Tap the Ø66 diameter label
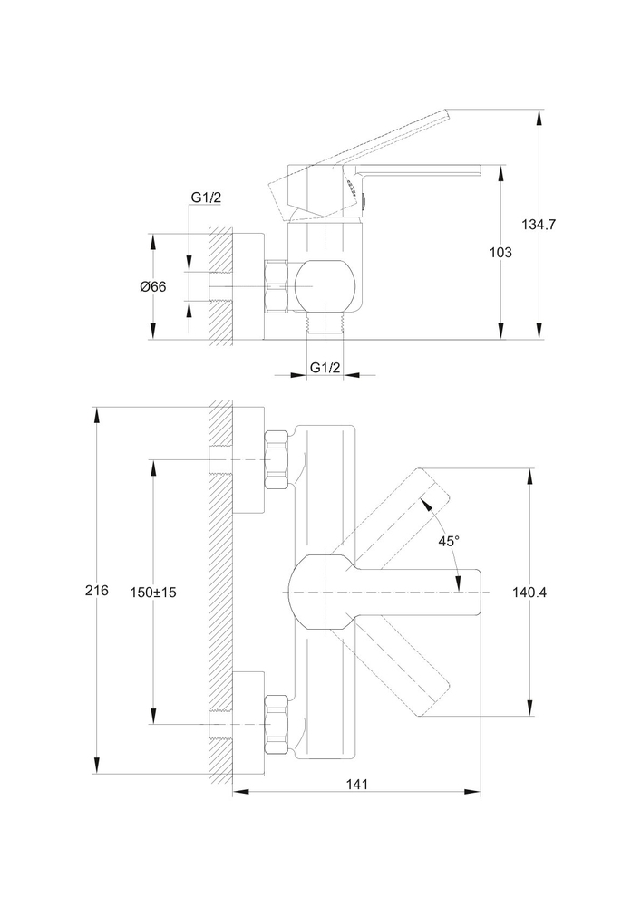153,286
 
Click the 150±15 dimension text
154,592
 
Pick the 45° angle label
449,541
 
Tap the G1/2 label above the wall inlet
206,198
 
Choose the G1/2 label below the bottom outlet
324,367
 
